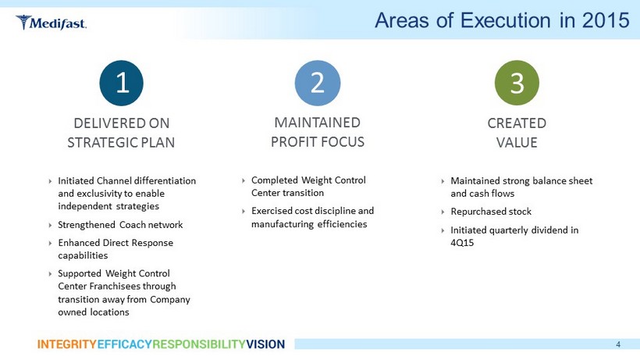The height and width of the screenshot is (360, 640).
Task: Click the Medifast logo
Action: point(51,23)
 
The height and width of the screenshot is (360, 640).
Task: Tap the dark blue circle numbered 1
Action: point(121,83)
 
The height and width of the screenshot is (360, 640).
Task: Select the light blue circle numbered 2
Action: point(318,83)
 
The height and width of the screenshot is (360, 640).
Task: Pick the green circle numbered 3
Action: point(517,83)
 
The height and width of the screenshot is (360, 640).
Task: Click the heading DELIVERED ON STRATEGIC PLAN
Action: point(121,133)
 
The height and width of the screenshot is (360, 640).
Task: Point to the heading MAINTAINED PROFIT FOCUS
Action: point(318,132)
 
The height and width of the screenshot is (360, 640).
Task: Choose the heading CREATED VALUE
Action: point(517,133)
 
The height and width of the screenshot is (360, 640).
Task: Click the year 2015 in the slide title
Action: point(606,20)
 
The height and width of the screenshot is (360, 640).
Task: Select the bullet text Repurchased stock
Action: point(491,212)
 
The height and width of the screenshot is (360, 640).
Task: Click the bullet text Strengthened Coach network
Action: point(120,224)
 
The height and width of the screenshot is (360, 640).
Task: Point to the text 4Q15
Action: point(462,242)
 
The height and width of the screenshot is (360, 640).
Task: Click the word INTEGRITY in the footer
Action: point(67,344)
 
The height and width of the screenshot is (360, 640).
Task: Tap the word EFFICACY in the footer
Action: point(125,344)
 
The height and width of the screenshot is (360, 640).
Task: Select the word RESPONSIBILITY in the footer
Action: point(199,344)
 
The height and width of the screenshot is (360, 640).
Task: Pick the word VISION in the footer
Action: point(265,344)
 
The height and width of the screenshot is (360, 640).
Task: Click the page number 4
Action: point(618,344)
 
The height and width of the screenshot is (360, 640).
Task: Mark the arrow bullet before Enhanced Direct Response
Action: point(50,244)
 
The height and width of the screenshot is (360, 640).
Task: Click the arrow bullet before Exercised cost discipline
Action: point(244,212)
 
